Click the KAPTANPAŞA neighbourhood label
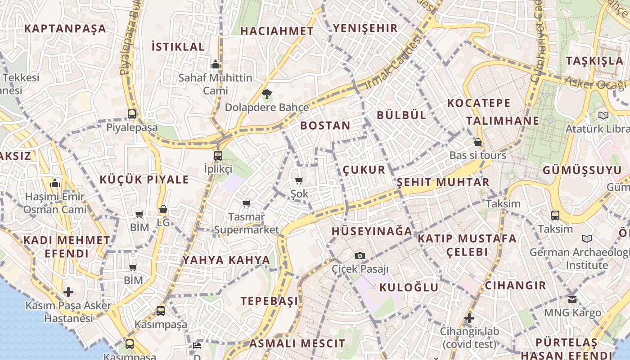[65, 29]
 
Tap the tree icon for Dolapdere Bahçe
[267, 94]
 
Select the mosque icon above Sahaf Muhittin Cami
[216, 64]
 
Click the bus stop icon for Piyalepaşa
[132, 114]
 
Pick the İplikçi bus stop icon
[218, 156]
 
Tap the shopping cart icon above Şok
[299, 181]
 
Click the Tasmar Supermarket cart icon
[246, 204]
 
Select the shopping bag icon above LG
[163, 210]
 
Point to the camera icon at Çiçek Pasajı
[360, 256]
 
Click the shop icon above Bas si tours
[478, 143]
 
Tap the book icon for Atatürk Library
[603, 116]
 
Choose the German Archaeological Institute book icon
[587, 238]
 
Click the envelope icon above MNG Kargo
[572, 299]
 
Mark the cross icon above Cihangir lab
[469, 319]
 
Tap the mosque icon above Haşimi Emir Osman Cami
[55, 184]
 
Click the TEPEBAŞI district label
[269, 301]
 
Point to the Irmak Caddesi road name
[394, 62]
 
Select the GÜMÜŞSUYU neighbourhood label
[582, 171]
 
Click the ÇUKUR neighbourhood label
[364, 170]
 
